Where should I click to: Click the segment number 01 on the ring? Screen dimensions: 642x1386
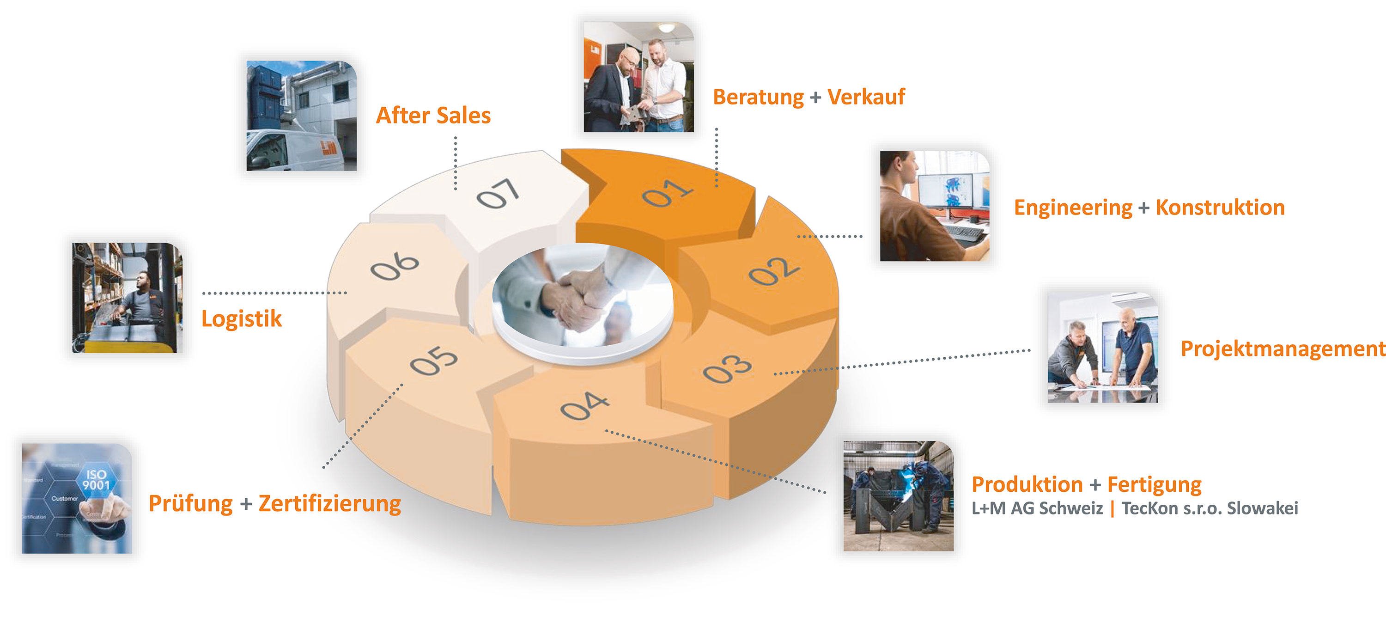667,193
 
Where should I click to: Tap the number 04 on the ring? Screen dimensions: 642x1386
584,406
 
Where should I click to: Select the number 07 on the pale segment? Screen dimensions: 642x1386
498,193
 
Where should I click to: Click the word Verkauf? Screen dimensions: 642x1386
866,98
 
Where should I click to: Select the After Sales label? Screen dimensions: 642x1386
433,116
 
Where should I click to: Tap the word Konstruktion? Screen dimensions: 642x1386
1220,208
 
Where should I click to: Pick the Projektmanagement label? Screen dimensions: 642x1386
1282,349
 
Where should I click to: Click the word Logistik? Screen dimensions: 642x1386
242,318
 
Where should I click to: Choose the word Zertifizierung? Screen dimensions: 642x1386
329,504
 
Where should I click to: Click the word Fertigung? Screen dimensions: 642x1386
1154,484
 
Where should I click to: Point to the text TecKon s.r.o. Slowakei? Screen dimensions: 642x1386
1210,508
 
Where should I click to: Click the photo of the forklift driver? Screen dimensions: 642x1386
128,298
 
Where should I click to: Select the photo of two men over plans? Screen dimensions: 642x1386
1102,347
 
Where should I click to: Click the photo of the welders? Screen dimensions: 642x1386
898,495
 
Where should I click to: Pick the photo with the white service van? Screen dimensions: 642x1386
301,116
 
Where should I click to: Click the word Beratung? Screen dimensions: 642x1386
758,98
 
